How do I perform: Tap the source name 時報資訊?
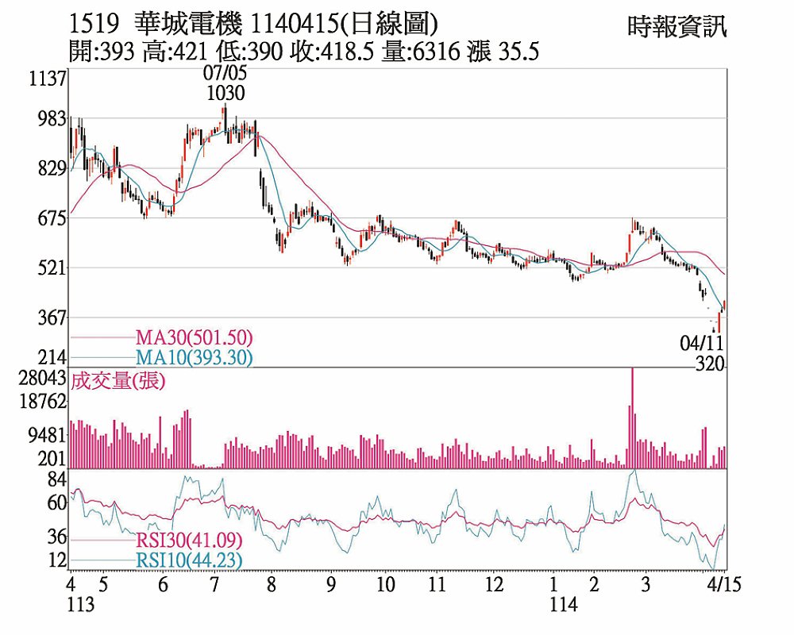pyautogui.click(x=676, y=27)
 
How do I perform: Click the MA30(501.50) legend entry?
pyautogui.click(x=194, y=338)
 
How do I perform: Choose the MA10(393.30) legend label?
pyautogui.click(x=194, y=358)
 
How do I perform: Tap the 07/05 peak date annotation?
pyautogui.click(x=225, y=73)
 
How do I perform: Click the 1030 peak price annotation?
pyautogui.click(x=225, y=93)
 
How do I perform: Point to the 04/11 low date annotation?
pyautogui.click(x=702, y=344)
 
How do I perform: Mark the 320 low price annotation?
pyautogui.click(x=709, y=364)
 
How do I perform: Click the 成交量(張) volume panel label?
pyautogui.click(x=118, y=381)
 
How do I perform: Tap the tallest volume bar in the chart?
pyautogui.click(x=632, y=418)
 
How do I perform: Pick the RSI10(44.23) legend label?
pyautogui.click(x=188, y=560)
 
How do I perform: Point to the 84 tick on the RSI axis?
pyautogui.click(x=56, y=479)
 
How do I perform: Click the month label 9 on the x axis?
pyautogui.click(x=330, y=585)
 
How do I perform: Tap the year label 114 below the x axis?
pyautogui.click(x=565, y=605)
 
